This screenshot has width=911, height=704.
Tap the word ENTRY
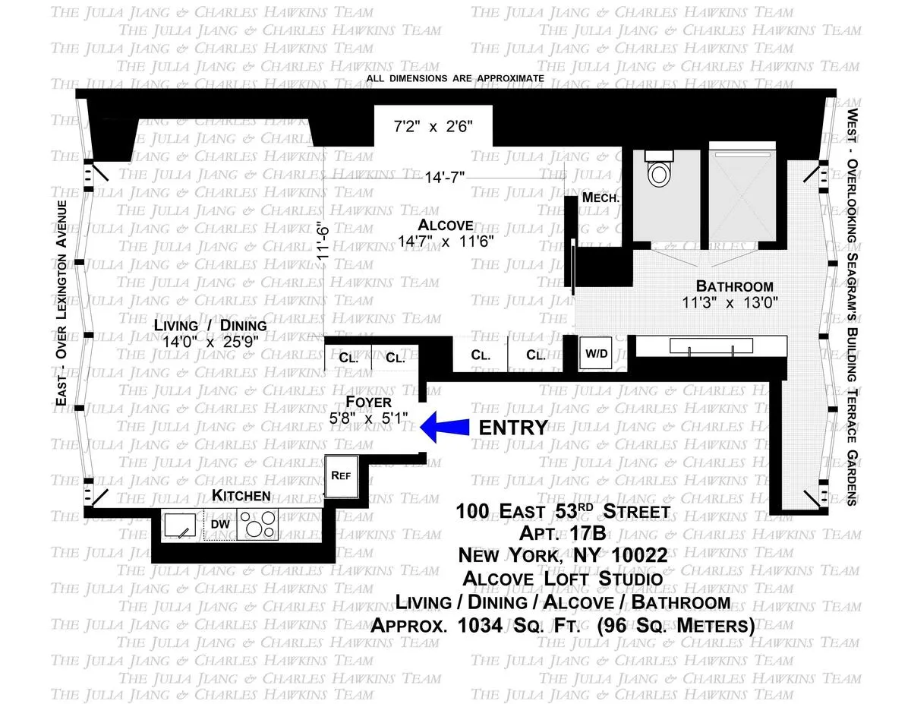pyautogui.click(x=513, y=428)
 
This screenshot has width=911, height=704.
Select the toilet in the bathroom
pyautogui.click(x=658, y=171)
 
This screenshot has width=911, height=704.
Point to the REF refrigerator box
pyautogui.click(x=338, y=475)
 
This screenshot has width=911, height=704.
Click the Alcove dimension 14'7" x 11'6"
pyautogui.click(x=446, y=242)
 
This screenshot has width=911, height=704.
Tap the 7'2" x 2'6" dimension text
pyautogui.click(x=433, y=127)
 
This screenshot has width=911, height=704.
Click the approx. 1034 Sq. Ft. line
pyautogui.click(x=563, y=627)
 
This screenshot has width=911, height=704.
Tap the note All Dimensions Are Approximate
pyautogui.click(x=455, y=78)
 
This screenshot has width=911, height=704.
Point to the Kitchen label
pyautogui.click(x=241, y=496)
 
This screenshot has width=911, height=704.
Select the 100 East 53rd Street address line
pyautogui.click(x=563, y=510)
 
